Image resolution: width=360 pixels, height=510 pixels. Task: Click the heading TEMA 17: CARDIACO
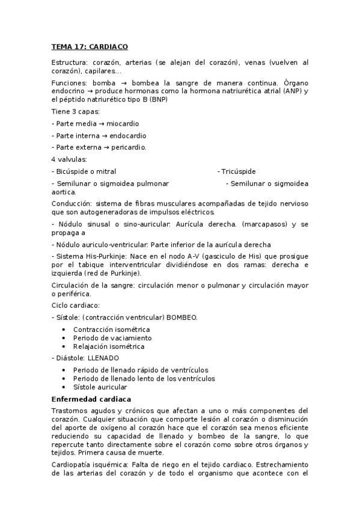pyautogui.click(x=90, y=46)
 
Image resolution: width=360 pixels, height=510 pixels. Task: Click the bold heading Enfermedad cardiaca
pyautogui.click(x=91, y=399)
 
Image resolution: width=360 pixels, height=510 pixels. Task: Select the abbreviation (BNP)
pyautogui.click(x=158, y=99)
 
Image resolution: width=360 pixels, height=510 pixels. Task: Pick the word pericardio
pyautogui.click(x=128, y=147)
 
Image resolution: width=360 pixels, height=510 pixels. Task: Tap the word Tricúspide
pyautogui.click(x=238, y=171)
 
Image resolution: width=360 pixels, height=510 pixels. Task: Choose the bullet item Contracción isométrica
pyautogui.click(x=111, y=330)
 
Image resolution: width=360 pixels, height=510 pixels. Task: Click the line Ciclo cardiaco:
pyautogui.click(x=75, y=306)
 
